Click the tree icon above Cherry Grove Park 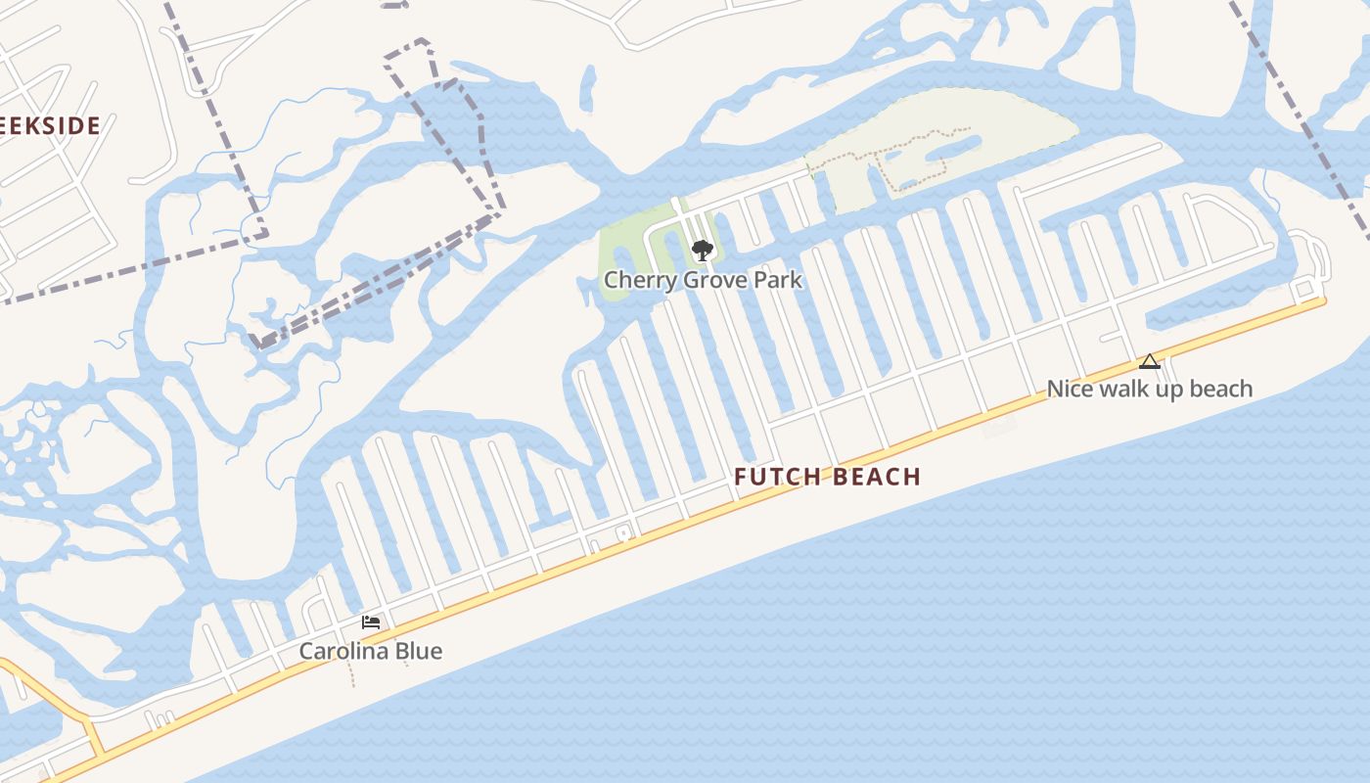pos(702,251)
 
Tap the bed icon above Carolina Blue pos(370,622)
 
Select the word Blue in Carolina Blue pos(419,651)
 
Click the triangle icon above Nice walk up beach pos(1150,362)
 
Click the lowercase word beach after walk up pos(1219,389)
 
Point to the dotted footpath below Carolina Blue pos(350,672)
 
